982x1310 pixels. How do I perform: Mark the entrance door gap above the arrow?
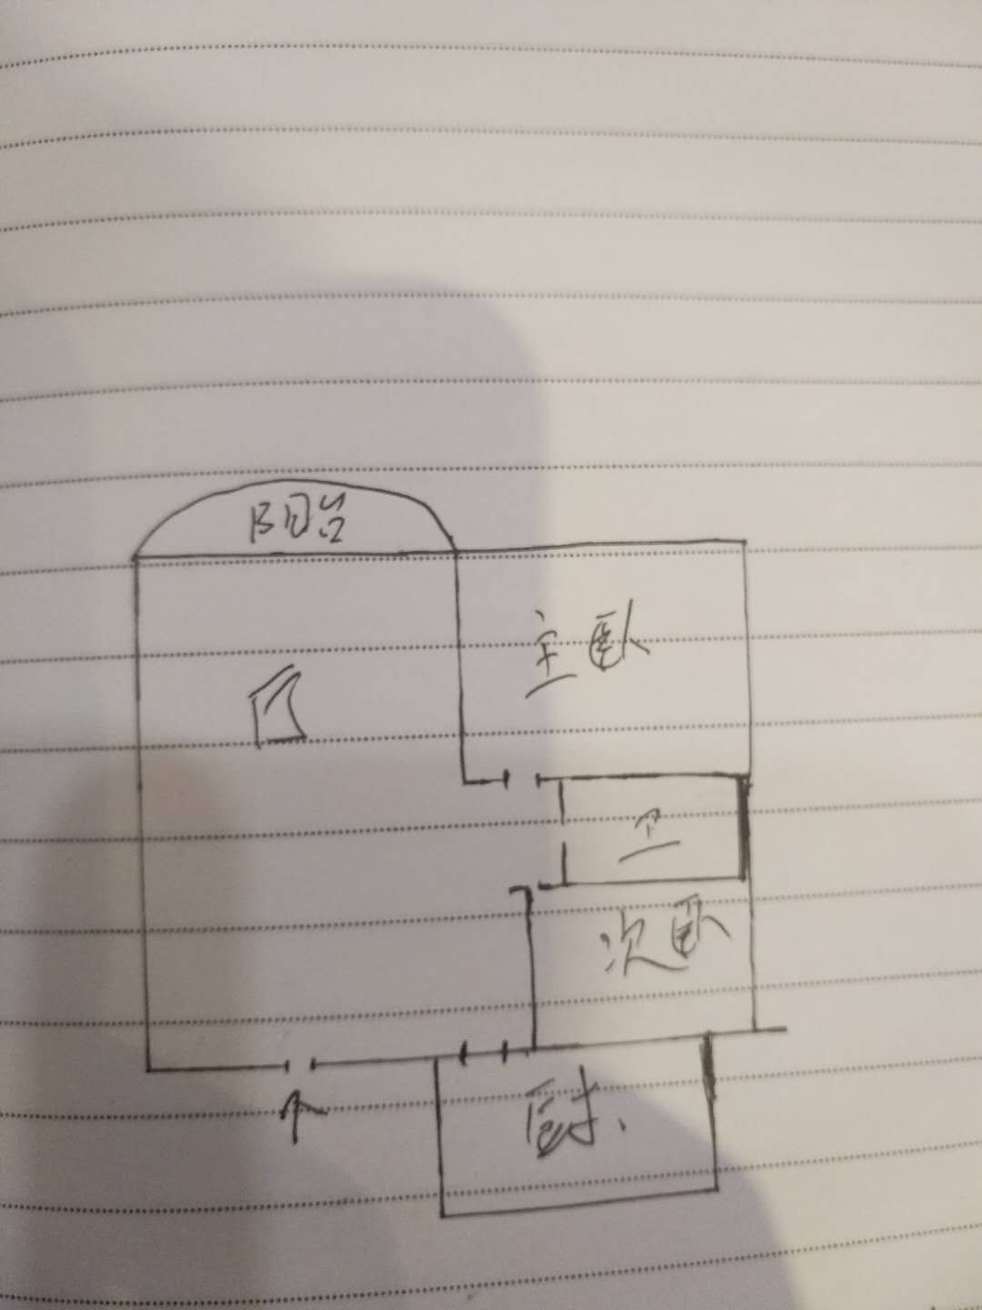(301, 1064)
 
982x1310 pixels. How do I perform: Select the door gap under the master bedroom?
(523, 780)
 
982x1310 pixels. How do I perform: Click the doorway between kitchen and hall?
(484, 1055)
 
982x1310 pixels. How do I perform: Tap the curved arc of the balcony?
(293, 499)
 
